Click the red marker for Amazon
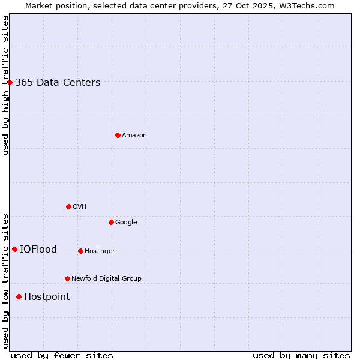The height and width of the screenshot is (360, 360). pos(118,135)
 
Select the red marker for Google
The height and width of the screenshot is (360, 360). pos(111,222)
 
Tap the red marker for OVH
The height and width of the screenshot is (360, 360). pos(68,206)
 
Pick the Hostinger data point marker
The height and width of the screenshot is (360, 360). pos(80,251)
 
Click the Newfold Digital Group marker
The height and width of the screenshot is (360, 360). pos(67,278)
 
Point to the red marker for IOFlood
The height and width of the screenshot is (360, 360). pos(14,249)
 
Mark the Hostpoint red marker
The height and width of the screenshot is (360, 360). pos(19,296)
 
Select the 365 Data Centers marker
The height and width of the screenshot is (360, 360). pos(10,82)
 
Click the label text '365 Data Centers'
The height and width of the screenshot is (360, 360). pos(58,83)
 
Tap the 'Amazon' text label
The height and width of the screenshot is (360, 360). pos(134,136)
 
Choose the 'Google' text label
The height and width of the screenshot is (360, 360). pos(126,223)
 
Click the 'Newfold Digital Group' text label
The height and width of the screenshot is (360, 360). pos(106,279)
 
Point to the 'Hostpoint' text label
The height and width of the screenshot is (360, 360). pos(47,297)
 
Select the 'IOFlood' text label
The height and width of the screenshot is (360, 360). pos(38,250)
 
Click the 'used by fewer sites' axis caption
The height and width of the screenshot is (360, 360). pos(62,355)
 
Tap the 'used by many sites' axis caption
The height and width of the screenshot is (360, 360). pos(301,355)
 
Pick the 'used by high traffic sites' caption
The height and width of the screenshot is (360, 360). pos(5,85)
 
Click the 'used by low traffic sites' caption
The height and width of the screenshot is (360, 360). pos(5,281)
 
